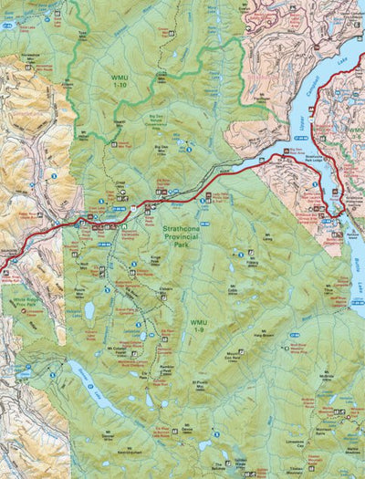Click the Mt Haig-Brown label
(264, 335)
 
